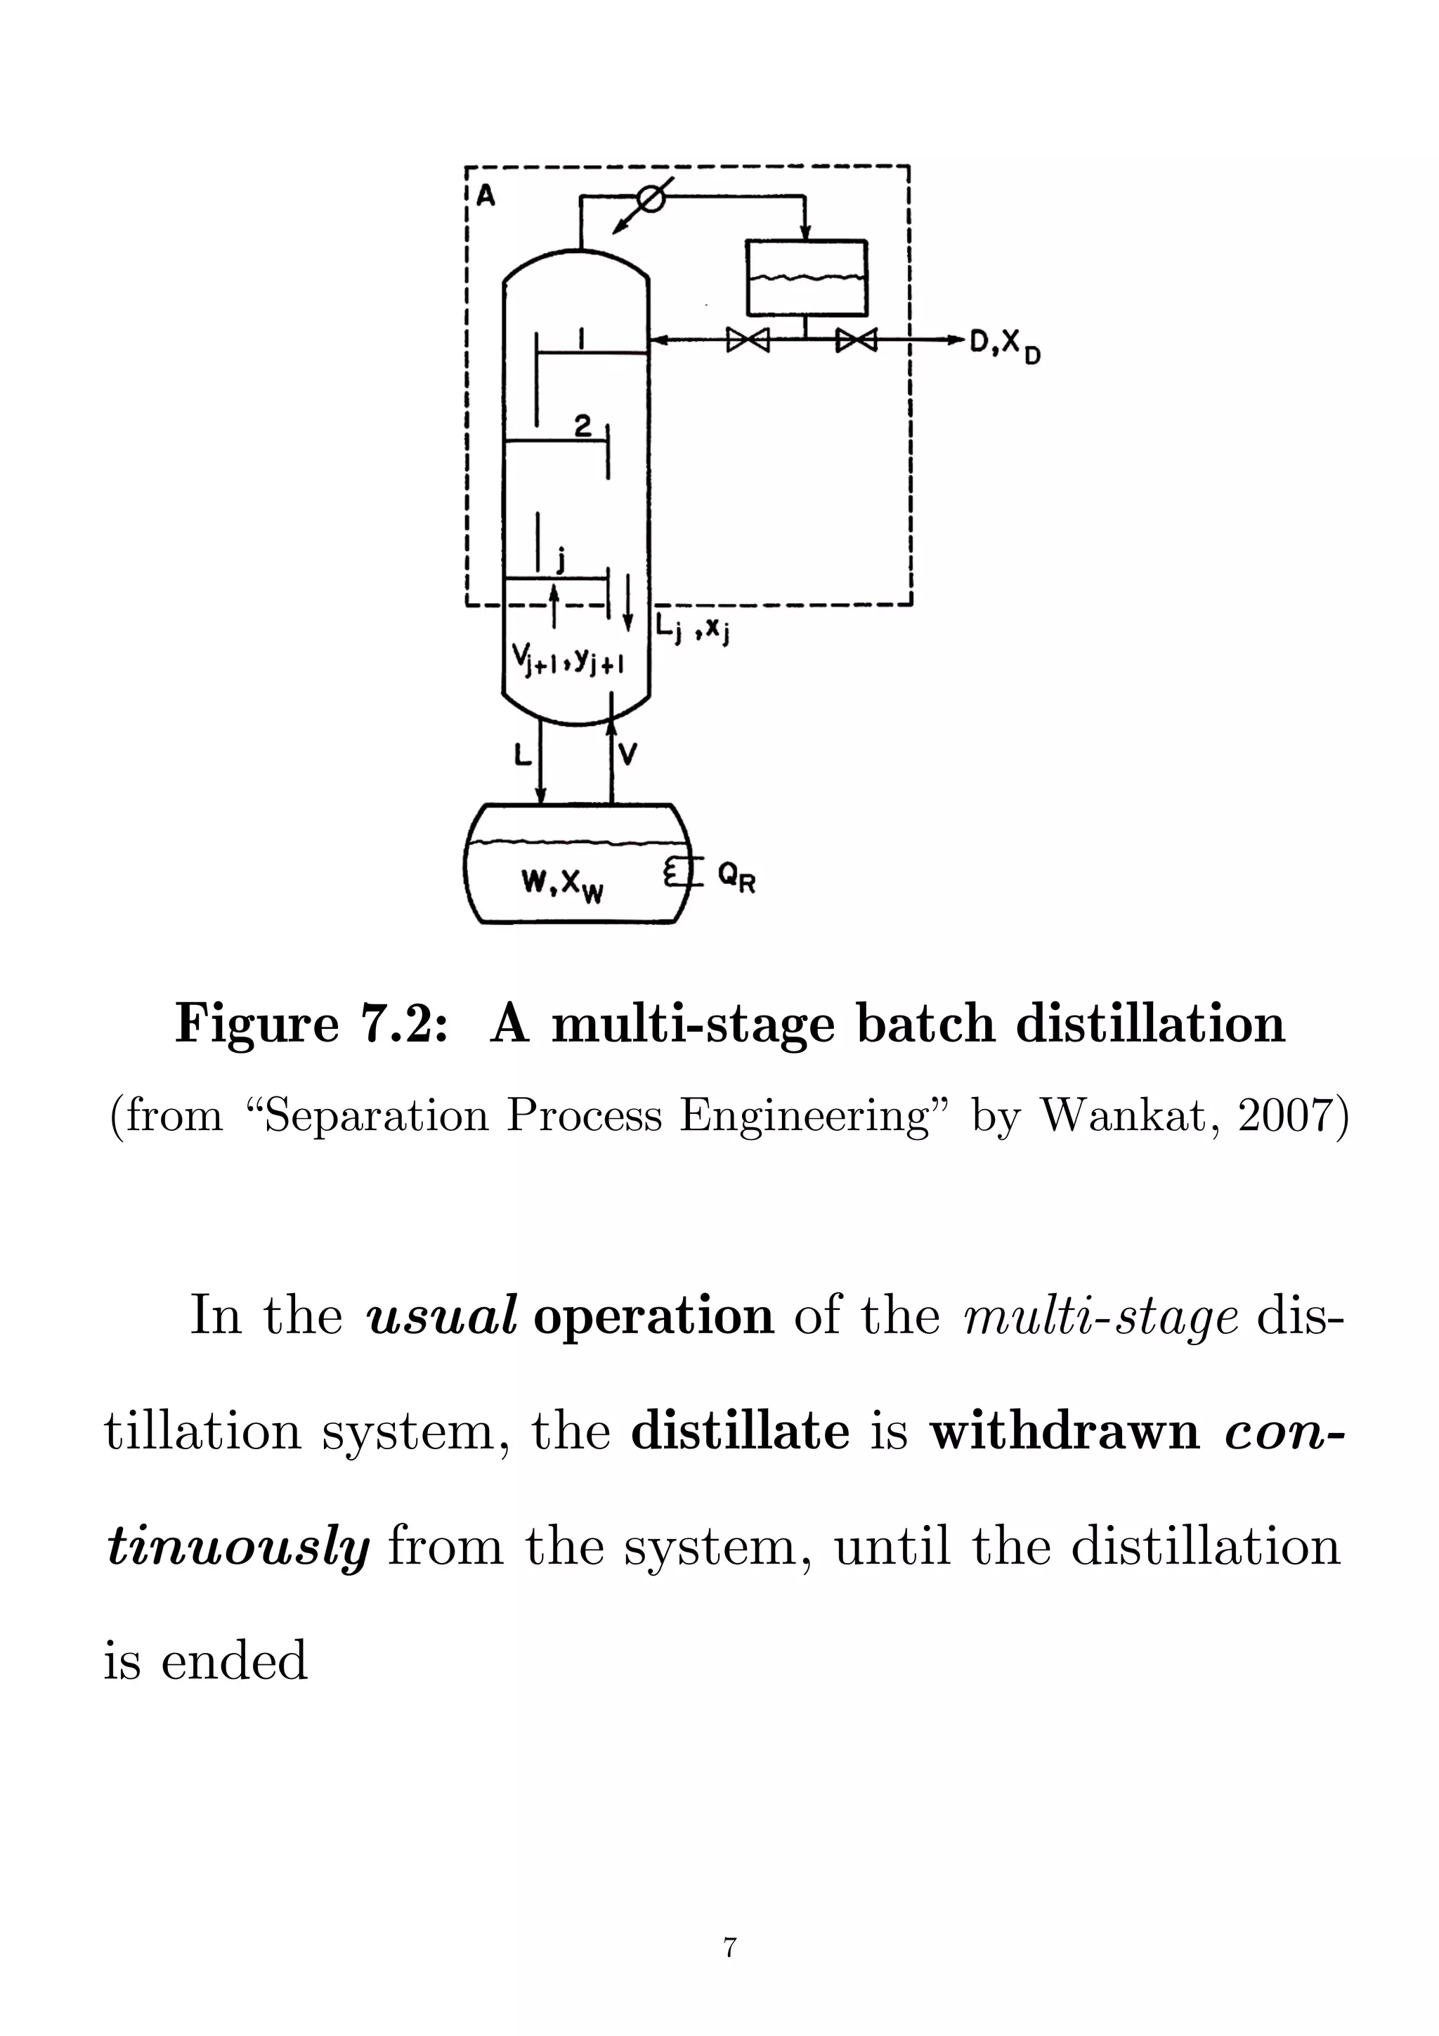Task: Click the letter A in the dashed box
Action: [x=486, y=195]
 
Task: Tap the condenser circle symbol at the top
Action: [x=651, y=200]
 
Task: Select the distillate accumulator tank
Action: [x=806, y=278]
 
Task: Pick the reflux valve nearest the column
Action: [x=748, y=339]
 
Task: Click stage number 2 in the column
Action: [x=582, y=427]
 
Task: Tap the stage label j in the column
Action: [x=559, y=559]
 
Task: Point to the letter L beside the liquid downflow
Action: [x=522, y=755]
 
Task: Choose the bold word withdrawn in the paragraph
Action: [x=1064, y=1431]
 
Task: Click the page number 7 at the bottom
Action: [x=730, y=1948]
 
